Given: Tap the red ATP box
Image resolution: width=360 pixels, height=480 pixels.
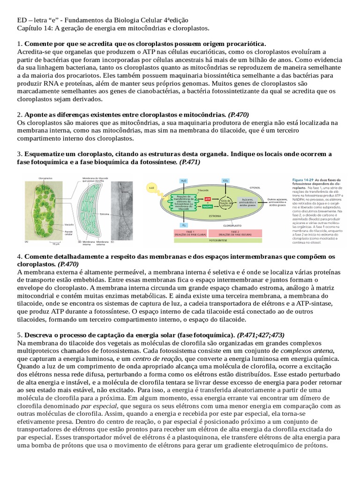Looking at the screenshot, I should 195,199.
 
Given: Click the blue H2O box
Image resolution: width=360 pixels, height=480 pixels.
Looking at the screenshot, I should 183,180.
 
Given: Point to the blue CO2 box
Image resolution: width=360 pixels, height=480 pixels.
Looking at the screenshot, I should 225,180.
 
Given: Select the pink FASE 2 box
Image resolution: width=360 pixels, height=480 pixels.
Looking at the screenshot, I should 229,232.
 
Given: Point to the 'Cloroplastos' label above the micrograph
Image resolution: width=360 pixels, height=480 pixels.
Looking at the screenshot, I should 45,179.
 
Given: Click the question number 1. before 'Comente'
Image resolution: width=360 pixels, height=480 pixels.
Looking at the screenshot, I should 19,43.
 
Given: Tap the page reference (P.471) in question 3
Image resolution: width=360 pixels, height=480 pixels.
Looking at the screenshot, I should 189,162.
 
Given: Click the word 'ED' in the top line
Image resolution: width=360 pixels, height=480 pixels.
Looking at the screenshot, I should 22,20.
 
